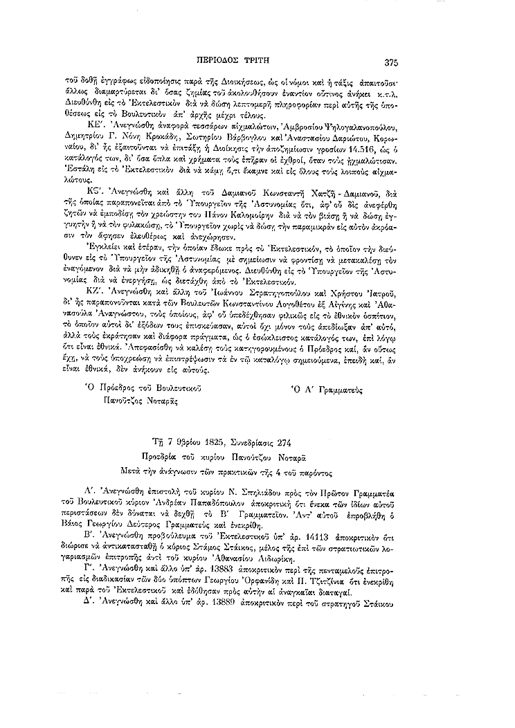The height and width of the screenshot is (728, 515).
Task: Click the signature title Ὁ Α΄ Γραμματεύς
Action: (327, 389)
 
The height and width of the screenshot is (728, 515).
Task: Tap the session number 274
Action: (328, 443)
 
